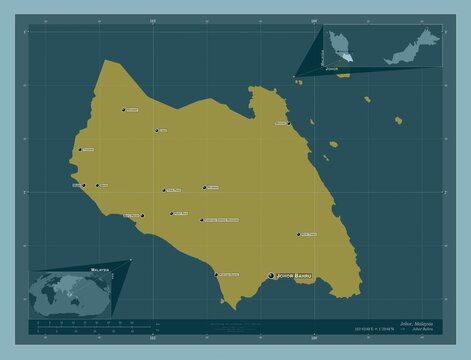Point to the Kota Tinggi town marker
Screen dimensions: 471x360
coord(298,236)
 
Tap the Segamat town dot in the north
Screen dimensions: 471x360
coord(124,109)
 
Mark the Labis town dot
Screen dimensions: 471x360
coord(156,130)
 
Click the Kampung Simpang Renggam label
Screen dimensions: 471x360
coord(222,219)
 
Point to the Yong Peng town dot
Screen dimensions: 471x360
coord(164,190)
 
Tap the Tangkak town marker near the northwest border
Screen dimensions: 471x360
coord(80,151)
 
